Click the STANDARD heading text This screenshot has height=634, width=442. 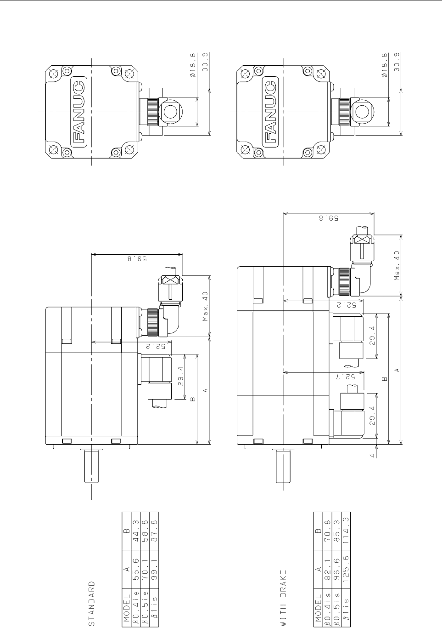coord(92,603)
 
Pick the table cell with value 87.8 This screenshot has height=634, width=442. coord(154,533)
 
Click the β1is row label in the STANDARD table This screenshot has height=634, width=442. coord(154,614)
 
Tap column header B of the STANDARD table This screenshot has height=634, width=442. coord(127,533)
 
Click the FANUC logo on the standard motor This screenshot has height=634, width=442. coord(78,112)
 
